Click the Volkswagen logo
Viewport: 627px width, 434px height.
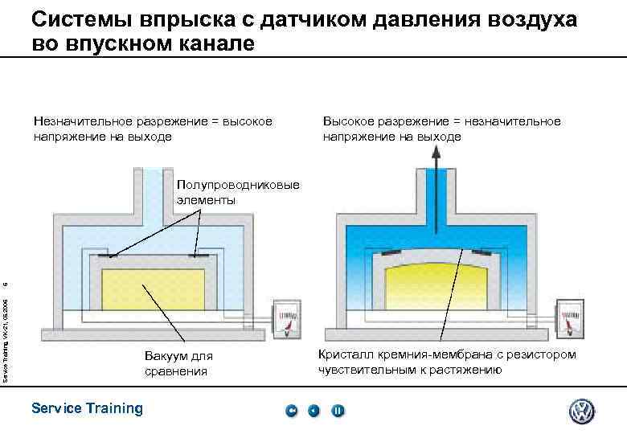581,411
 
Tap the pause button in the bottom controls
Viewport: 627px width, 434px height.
338,411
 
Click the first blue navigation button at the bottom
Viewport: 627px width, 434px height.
292,411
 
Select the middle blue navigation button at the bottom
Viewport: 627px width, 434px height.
314,411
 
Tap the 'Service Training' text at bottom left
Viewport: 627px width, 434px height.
86,408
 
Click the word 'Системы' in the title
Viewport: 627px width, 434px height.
80,19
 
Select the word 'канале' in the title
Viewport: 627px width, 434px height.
216,43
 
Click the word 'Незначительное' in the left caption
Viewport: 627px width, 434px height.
84,121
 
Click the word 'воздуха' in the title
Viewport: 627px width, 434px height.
531,19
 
